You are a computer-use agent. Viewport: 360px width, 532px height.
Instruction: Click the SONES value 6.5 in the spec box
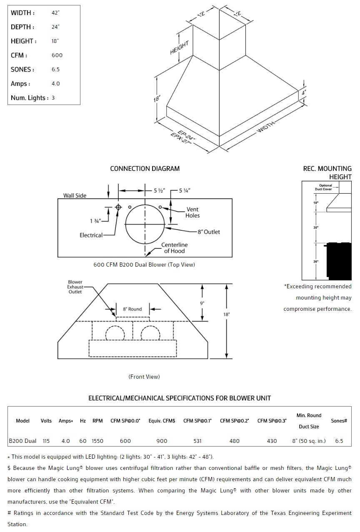pyautogui.click(x=55, y=70)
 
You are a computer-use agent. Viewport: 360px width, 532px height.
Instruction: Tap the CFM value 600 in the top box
pyautogui.click(x=57, y=55)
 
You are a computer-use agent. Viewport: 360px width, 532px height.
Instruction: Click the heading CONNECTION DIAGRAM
pyautogui.click(x=145, y=169)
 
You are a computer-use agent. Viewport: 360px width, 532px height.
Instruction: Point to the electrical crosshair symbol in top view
pyautogui.click(x=118, y=207)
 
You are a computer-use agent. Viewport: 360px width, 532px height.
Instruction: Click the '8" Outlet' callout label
pyautogui.click(x=209, y=232)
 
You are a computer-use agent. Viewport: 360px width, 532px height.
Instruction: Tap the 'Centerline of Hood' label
pyautogui.click(x=174, y=248)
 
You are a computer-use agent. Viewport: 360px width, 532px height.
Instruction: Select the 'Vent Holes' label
pyautogui.click(x=192, y=212)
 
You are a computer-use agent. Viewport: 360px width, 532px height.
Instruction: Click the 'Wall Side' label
pyautogui.click(x=75, y=195)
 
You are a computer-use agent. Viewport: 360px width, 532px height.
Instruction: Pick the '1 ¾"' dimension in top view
pyautogui.click(x=95, y=220)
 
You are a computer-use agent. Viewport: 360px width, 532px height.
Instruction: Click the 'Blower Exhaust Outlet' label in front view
pyautogui.click(x=75, y=287)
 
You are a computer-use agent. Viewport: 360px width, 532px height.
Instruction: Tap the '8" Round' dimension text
pyautogui.click(x=132, y=309)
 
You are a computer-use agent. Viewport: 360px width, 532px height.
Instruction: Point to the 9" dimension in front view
pyautogui.click(x=202, y=303)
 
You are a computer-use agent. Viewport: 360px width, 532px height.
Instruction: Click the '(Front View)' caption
pyautogui.click(x=144, y=377)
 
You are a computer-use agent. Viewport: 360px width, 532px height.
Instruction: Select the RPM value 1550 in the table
pyautogui.click(x=97, y=441)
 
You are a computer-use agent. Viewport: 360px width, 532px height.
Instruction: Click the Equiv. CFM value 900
pyautogui.click(x=162, y=441)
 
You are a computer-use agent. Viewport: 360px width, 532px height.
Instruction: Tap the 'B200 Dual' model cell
pyautogui.click(x=23, y=441)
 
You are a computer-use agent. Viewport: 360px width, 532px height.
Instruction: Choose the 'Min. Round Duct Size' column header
pyautogui.click(x=309, y=421)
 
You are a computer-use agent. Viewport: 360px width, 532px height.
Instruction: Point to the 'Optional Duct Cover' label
pyautogui.click(x=325, y=187)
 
